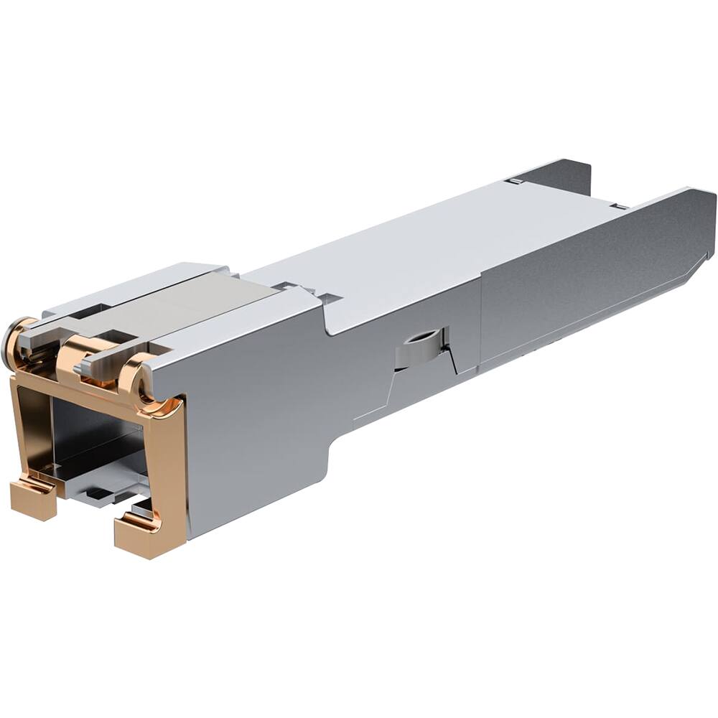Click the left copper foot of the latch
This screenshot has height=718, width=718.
tap(32, 499)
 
